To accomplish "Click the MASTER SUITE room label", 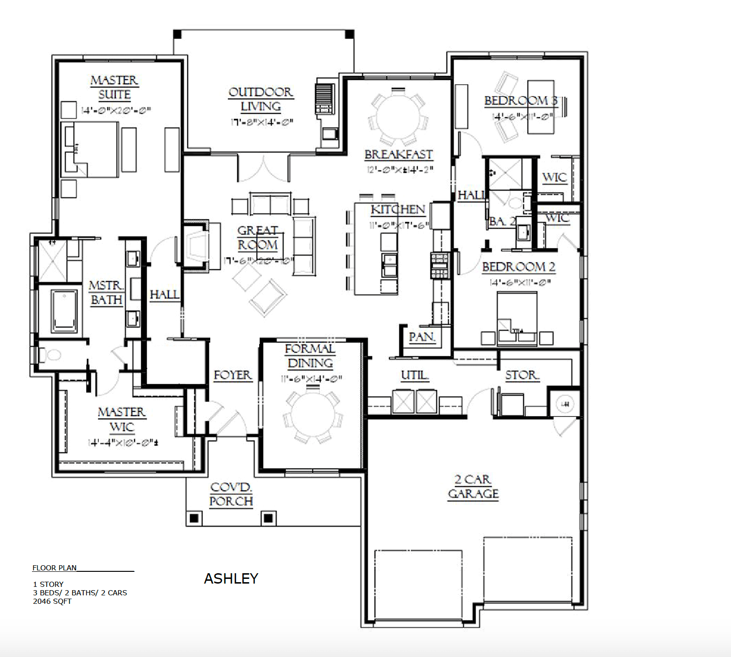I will (114, 88).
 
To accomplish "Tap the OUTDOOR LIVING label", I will (261, 99).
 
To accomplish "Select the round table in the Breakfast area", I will (398, 117).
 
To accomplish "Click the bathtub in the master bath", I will (64, 310).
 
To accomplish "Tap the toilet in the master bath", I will (50, 355).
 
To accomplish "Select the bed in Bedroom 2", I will (517, 318).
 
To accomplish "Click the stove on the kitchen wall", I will (439, 265).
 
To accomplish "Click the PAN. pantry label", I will (422, 337).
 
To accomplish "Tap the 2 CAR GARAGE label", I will (473, 487).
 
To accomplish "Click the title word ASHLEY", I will (231, 578).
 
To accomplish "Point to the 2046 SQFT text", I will (52, 601).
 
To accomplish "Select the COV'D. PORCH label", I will (231, 494).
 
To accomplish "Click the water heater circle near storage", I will (565, 404).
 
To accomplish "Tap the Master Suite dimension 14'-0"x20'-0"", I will (116, 111).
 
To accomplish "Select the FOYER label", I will (232, 375).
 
